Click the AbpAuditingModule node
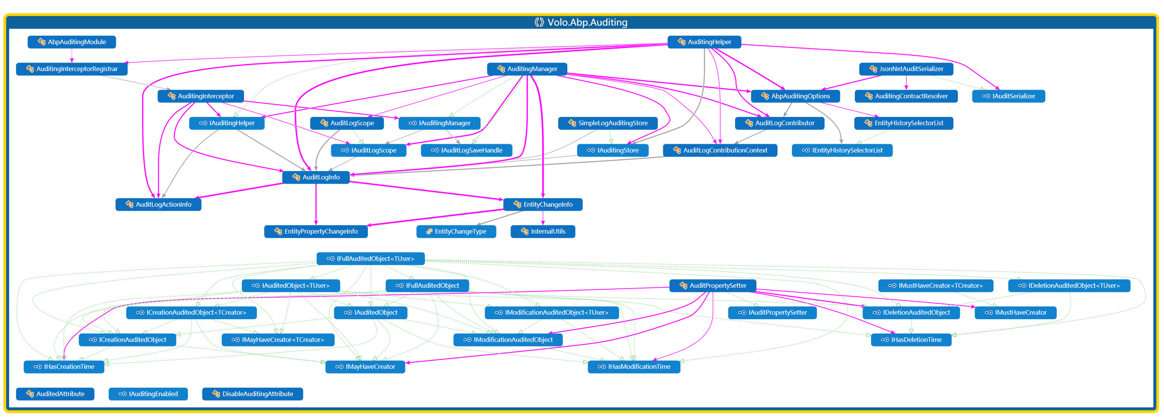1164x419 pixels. point(72,42)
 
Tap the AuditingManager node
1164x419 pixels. point(527,69)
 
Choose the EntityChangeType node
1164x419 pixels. point(456,232)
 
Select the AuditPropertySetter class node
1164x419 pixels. point(713,286)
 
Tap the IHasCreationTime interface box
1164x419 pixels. point(64,367)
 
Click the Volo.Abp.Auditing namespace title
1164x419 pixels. point(582,22)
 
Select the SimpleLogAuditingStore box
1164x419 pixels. point(607,123)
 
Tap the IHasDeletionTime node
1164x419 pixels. point(911,340)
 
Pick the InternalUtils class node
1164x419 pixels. point(543,232)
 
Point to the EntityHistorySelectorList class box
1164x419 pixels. point(903,123)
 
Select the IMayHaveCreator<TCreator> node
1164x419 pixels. point(278,340)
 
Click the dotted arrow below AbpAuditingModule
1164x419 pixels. point(71,55)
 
